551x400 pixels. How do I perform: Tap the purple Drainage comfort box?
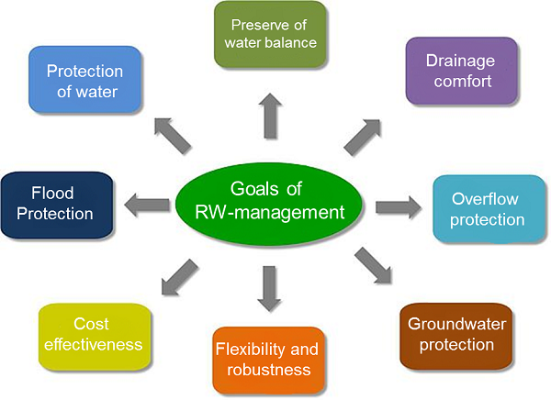tap(458, 71)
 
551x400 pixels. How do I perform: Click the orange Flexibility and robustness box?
tap(267, 360)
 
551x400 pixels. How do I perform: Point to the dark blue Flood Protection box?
tap(58, 204)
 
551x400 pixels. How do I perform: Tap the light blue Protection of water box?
tap(84, 81)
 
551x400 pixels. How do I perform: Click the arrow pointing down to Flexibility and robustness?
tap(268, 287)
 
